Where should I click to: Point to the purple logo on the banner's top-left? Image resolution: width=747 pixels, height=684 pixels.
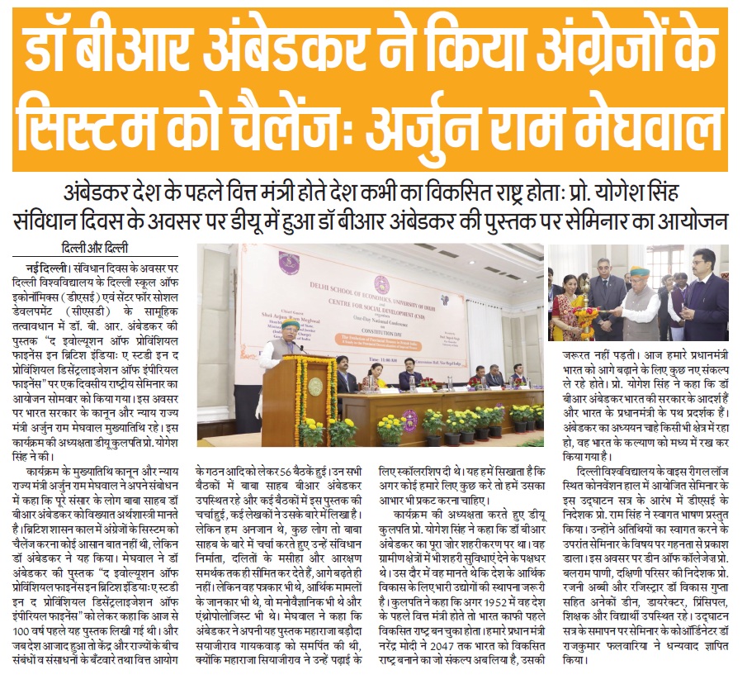pyautogui.click(x=288, y=262)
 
